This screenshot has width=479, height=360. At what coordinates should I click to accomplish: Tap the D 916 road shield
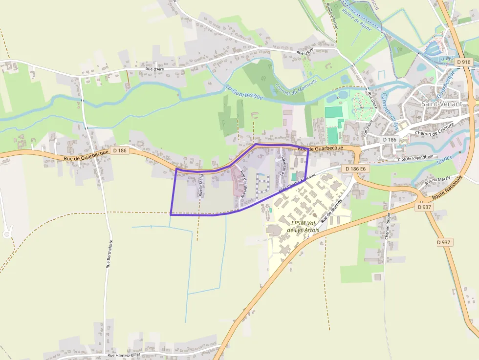click(464, 62)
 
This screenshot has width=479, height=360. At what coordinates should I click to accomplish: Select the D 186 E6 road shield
click(355, 169)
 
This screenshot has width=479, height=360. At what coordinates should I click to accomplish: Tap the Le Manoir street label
click(282, 166)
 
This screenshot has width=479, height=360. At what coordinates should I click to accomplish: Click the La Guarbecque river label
click(244, 92)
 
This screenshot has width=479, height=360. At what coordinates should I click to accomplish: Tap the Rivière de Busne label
click(356, 20)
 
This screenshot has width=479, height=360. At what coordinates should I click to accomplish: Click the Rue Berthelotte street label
click(110, 254)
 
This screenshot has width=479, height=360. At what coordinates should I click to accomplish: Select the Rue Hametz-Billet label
click(124, 356)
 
